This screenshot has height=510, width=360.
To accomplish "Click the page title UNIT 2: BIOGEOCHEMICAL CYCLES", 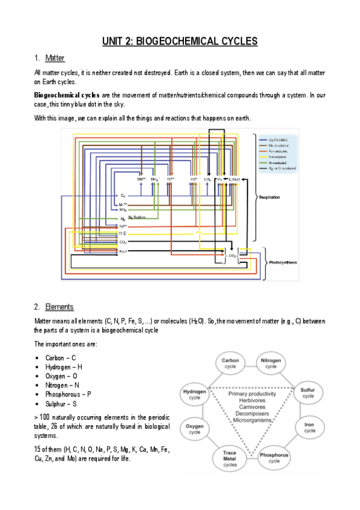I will point(180,41).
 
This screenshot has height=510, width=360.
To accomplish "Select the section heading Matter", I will point(55,58).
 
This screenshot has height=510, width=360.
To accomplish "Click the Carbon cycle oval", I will point(231,363).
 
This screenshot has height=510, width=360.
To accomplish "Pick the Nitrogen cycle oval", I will point(271,363).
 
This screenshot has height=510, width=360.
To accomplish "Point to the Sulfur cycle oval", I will point(308,393).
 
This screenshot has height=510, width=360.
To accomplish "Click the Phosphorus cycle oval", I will point(274,458).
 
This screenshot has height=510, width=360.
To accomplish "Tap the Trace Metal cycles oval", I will point(230,458).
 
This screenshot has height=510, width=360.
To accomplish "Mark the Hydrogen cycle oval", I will point(195,394).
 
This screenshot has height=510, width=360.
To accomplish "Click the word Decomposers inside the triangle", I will point(251,413).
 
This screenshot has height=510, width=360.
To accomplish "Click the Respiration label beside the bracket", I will point(269,197).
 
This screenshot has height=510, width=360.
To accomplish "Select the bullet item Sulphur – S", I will point(59,404).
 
